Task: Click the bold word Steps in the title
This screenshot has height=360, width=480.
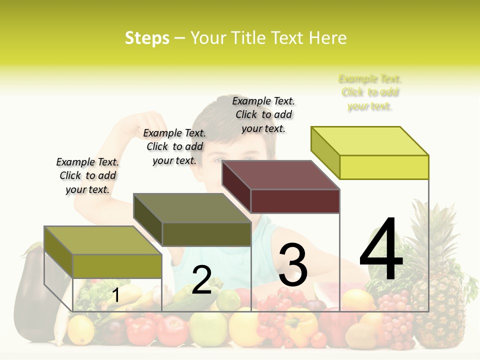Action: pyautogui.click(x=147, y=38)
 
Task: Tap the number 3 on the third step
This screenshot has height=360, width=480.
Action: pyautogui.click(x=292, y=265)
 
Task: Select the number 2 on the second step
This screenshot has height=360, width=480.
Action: pyautogui.click(x=201, y=280)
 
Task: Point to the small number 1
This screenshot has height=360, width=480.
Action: pyautogui.click(x=115, y=295)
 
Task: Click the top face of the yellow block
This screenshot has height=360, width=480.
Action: pyautogui.click(x=370, y=140)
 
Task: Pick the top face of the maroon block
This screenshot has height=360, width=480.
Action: pyautogui.click(x=281, y=174)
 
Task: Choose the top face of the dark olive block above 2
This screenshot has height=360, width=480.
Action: pyautogui.click(x=192, y=207)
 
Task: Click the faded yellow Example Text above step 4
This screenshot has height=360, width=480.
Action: pyautogui.click(x=370, y=92)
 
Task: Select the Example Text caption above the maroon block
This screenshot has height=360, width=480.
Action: pyautogui.click(x=263, y=114)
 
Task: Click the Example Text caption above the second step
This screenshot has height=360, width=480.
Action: pyautogui.click(x=174, y=146)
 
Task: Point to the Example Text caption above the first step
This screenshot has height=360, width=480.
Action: pyautogui.click(x=87, y=175)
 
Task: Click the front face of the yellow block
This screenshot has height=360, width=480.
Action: pyautogui.click(x=384, y=167)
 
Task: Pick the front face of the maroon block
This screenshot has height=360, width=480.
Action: pyautogui.click(x=295, y=201)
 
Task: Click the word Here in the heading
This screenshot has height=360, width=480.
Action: pyautogui.click(x=328, y=38)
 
